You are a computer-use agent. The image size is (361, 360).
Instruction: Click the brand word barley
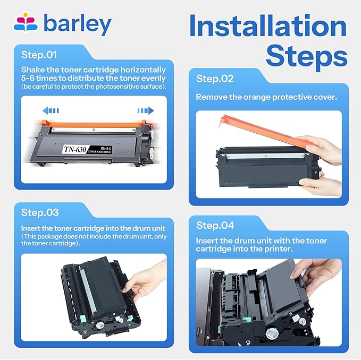click(77, 24)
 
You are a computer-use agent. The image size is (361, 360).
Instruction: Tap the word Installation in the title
click(268, 27)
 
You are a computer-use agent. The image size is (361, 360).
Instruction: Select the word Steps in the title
click(307, 56)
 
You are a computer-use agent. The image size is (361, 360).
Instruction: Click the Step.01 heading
click(39, 55)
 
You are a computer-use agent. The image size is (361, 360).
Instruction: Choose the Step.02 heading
click(215, 79)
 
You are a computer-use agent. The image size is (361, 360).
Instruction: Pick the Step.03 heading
click(40, 212)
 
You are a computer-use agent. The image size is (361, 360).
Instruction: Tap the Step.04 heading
click(215, 225)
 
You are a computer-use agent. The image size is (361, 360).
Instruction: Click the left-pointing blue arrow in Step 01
click(51, 111)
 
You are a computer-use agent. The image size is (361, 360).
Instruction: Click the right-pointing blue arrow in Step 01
click(145, 111)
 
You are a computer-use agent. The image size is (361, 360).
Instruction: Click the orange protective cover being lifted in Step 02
click(255, 133)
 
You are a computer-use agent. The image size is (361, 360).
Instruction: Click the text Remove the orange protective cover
click(266, 97)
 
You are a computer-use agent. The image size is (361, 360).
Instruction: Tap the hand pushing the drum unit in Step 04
click(319, 276)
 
